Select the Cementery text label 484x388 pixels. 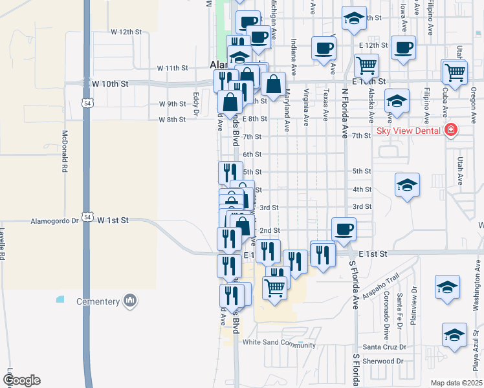99,301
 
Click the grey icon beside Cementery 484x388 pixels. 130,300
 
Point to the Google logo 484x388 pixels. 21,380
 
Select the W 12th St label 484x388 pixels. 126,31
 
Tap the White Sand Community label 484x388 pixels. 279,345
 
